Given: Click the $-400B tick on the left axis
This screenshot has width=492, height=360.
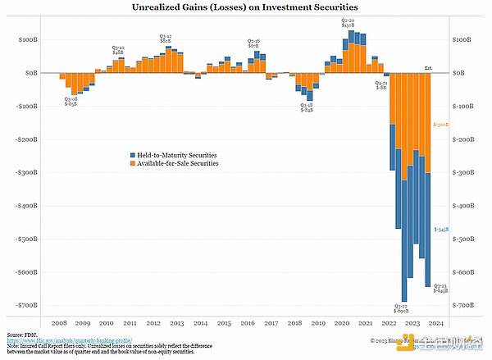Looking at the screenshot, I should point(25,206).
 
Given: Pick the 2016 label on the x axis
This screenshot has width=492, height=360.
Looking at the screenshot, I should point(250,324).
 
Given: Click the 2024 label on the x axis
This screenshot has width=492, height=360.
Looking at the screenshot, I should point(436,324).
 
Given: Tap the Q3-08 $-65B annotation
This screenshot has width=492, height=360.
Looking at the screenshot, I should point(72,102).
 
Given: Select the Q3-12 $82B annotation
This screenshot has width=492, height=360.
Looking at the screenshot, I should point(165,38).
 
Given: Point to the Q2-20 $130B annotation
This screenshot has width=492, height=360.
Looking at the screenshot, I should point(348,21).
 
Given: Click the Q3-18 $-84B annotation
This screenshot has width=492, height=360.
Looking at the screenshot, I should point(306,107).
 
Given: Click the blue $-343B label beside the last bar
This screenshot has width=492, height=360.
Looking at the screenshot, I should point(441,230).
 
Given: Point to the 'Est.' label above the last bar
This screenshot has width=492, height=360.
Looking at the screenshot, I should point(428,67).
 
